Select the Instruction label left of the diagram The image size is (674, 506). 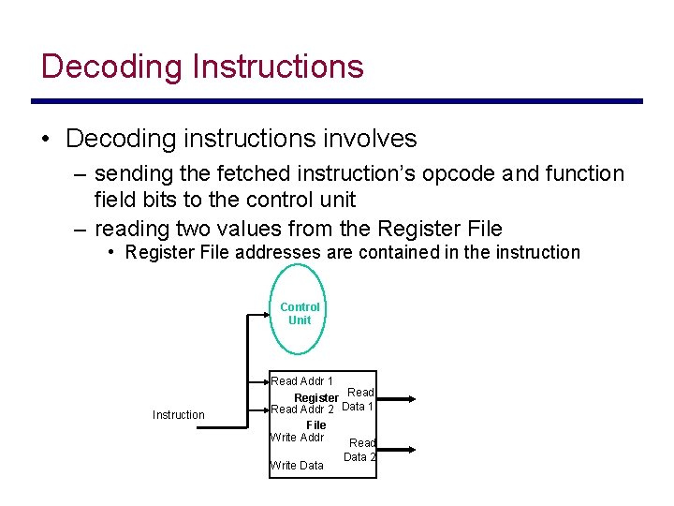[x=178, y=415]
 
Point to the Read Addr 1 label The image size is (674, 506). [x=301, y=381]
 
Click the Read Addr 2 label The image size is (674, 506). [x=301, y=409]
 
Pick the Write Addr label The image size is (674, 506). [x=297, y=438]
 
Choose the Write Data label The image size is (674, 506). [x=297, y=466]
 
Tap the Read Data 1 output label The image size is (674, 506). [x=359, y=399]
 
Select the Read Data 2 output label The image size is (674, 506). [x=360, y=450]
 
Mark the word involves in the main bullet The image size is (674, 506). [x=369, y=140]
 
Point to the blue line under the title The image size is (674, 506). [x=337, y=101]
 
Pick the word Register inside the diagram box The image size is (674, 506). [x=316, y=398]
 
